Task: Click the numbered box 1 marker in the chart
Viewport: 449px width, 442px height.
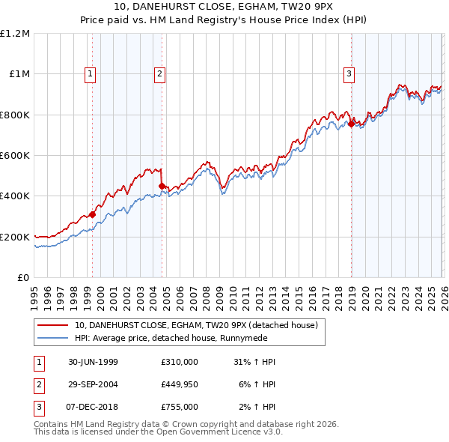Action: pyautogui.click(x=90, y=73)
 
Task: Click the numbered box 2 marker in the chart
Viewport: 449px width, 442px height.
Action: pyautogui.click(x=160, y=73)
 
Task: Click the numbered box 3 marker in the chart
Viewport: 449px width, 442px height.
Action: pyautogui.click(x=349, y=73)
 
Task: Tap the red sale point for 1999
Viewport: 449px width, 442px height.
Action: pyautogui.click(x=93, y=214)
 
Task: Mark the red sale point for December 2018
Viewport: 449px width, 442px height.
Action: pyautogui.click(x=351, y=124)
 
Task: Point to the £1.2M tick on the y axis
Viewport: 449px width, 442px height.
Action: pyautogui.click(x=16, y=34)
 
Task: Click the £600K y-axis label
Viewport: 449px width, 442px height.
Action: pyautogui.click(x=15, y=156)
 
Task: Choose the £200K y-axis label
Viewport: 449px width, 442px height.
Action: pyautogui.click(x=15, y=237)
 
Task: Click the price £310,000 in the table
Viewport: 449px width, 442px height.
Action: pyautogui.click(x=179, y=362)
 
